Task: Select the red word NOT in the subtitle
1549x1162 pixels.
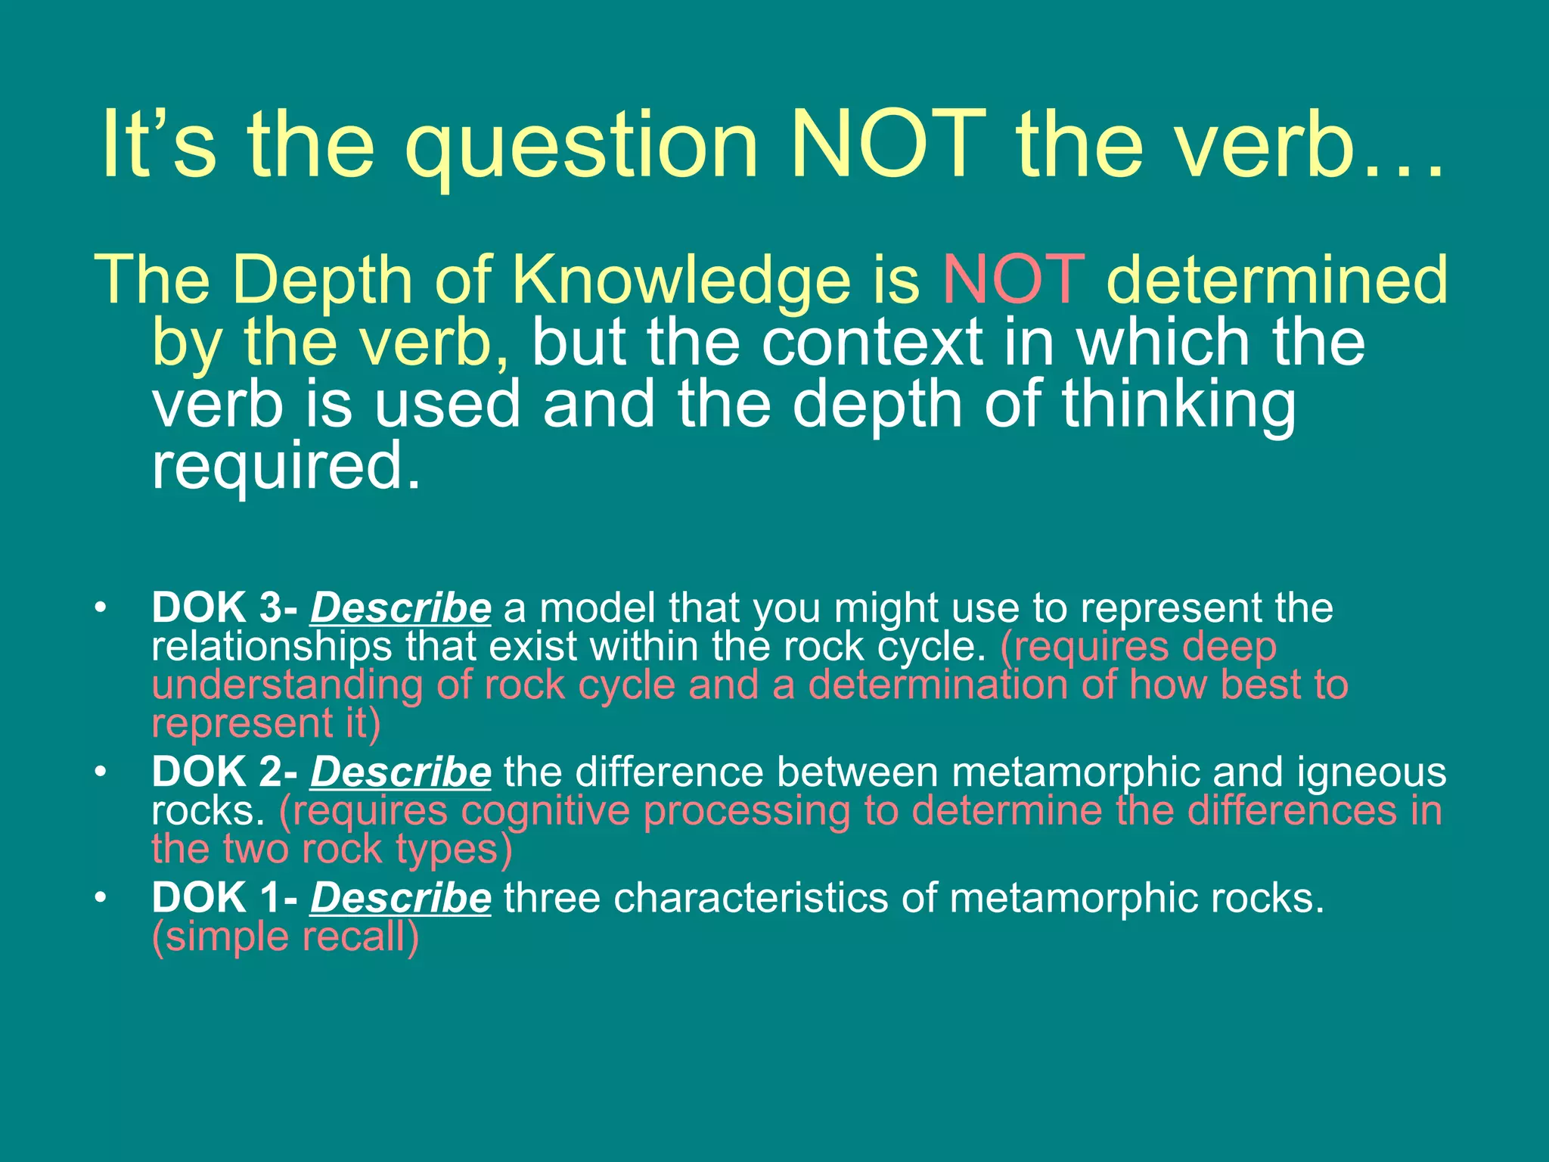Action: point(1014,279)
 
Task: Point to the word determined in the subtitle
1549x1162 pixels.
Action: point(1277,279)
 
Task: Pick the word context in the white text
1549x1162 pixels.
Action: point(871,342)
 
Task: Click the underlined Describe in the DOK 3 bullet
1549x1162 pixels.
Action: point(400,608)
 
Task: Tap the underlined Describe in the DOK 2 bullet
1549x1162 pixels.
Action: point(400,772)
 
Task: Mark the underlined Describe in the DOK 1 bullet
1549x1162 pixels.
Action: point(400,899)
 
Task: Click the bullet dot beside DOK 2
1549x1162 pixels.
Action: point(100,772)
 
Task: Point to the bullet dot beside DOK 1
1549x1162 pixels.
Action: point(100,898)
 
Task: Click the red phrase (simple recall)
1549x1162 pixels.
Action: point(285,937)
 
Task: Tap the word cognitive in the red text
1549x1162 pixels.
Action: point(545,811)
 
